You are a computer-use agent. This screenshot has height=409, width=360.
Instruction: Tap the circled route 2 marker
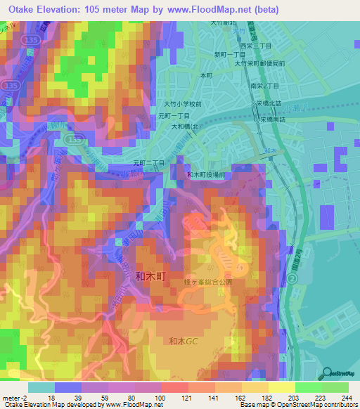pos(290,279)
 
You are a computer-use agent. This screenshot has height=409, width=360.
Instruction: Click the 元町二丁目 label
pos(149,162)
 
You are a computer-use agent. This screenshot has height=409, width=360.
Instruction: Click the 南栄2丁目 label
pos(265,85)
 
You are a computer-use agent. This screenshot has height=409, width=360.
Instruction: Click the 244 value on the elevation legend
pos(346,398)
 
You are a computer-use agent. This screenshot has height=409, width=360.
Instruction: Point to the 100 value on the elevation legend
pos(160,398)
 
